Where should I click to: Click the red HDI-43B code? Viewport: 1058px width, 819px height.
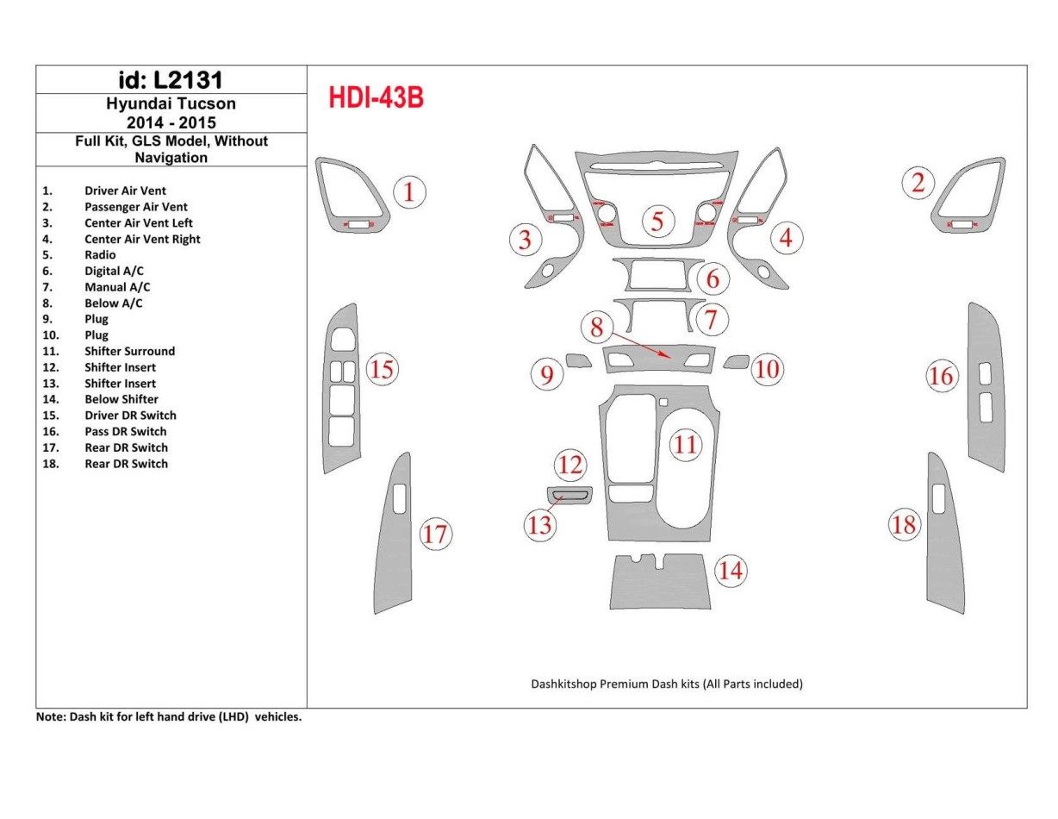click(x=376, y=98)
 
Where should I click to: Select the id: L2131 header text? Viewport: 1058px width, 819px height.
click(x=171, y=80)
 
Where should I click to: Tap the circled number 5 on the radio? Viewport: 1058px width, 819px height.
click(x=657, y=222)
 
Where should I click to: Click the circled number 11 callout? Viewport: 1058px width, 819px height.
click(x=686, y=445)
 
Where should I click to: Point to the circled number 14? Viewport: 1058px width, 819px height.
click(x=731, y=571)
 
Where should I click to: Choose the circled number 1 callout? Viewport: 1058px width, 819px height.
click(x=409, y=191)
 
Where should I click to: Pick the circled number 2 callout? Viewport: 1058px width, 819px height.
click(x=918, y=183)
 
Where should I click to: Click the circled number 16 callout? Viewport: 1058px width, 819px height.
click(x=942, y=376)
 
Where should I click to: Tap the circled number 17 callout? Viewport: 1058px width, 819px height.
click(x=435, y=535)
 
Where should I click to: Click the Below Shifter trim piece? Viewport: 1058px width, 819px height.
click(x=661, y=583)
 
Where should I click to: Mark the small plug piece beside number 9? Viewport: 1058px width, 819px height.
click(x=578, y=360)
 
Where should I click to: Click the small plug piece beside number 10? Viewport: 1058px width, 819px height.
click(x=736, y=361)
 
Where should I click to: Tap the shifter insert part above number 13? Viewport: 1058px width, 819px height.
click(x=569, y=495)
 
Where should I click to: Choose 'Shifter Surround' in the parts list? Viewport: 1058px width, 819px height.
click(x=129, y=351)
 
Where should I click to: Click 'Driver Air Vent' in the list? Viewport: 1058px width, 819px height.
click(x=125, y=191)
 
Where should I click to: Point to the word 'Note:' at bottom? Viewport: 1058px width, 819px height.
click(x=50, y=716)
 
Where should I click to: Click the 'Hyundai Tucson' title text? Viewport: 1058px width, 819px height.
click(x=171, y=103)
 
